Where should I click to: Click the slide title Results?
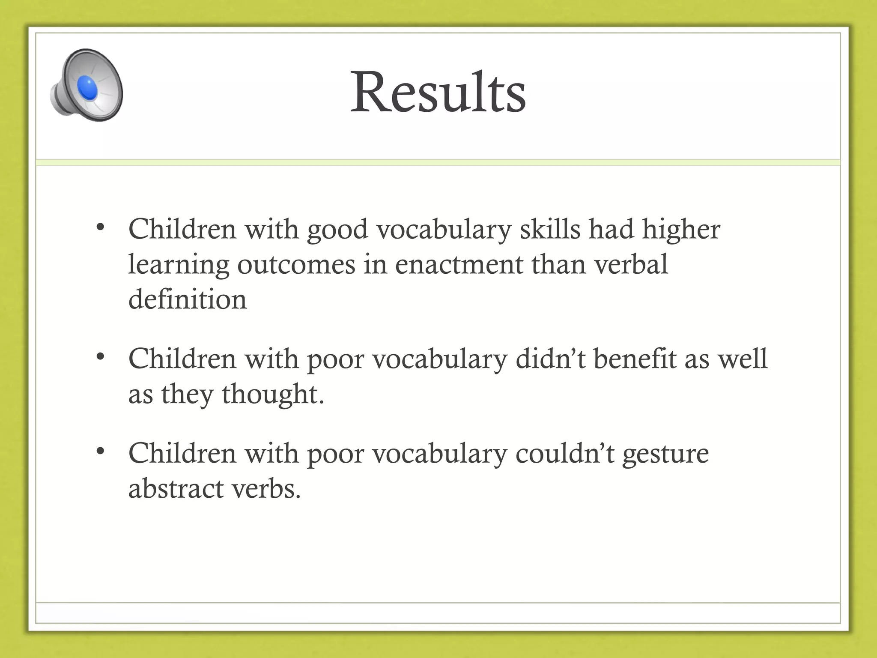pos(438,92)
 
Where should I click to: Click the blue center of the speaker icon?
pos(87,88)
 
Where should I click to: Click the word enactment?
pos(459,265)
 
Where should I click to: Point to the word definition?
pos(188,299)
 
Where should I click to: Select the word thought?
pos(272,395)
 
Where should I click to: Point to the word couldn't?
pos(565,454)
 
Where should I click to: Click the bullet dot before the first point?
pos(101,227)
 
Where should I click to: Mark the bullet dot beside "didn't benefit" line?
pos(101,356)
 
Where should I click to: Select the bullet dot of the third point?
pos(101,451)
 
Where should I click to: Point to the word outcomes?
pos(296,265)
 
